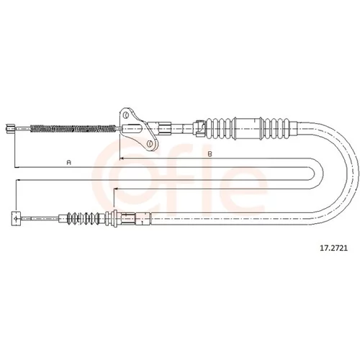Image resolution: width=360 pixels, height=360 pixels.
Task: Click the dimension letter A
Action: coord(69,163)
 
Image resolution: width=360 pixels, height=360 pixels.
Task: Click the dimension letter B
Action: coord(210,154)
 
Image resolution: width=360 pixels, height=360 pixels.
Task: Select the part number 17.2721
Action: coord(333,248)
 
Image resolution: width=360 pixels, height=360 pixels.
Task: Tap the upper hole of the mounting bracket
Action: coord(125,115)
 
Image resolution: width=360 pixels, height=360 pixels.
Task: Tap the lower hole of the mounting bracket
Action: coord(150,143)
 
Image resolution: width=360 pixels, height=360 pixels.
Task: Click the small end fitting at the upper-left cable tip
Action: coord(10,128)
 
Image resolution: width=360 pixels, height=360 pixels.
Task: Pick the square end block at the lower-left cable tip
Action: coord(16,218)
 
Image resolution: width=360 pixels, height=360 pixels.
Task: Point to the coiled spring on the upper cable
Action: coord(73,129)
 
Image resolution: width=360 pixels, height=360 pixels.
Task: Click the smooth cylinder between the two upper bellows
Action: coord(248,128)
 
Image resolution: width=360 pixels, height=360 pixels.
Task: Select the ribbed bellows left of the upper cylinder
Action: coord(219,128)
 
